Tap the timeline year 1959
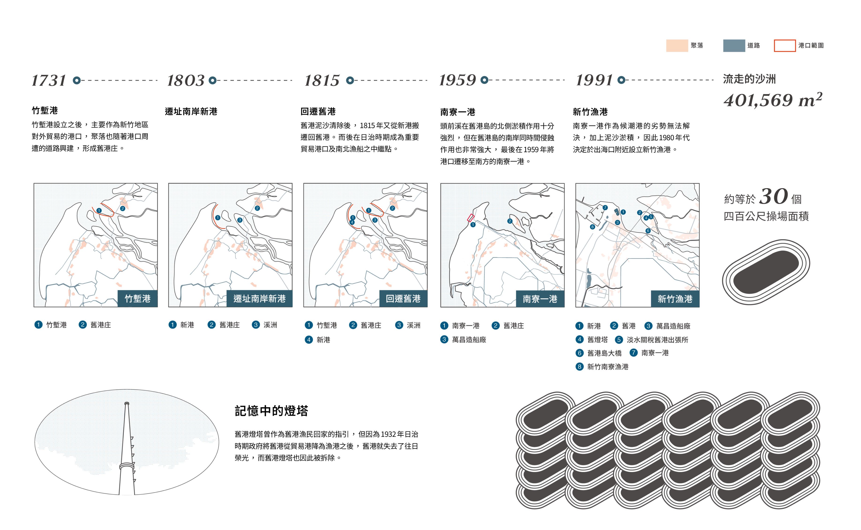coord(457,80)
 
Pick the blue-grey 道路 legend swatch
coord(734,46)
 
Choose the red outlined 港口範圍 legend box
coord(785,46)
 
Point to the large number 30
coord(774,196)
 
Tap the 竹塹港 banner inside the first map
coord(138,299)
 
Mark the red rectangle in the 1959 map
coord(471,218)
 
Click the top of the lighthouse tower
coord(127,404)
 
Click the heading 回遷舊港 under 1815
coord(318,111)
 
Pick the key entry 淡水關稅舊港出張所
coord(657,340)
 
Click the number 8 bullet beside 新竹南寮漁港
coord(579,367)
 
